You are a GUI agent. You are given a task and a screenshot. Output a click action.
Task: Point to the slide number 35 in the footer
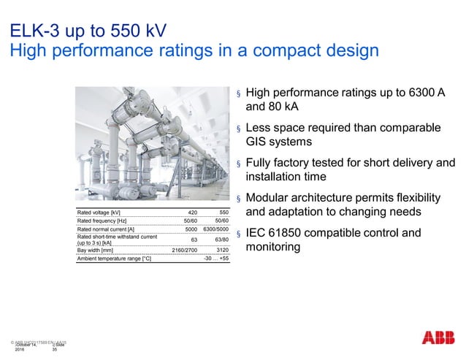tap(55, 351)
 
